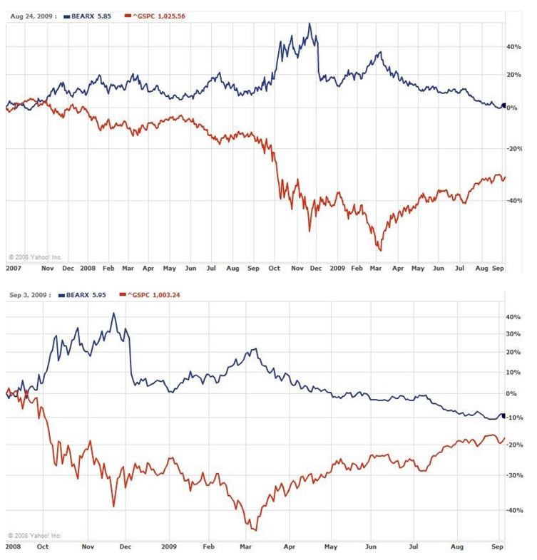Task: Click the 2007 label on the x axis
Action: [x=13, y=269]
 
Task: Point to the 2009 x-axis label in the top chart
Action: [x=337, y=269]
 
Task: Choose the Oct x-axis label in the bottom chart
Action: [x=43, y=548]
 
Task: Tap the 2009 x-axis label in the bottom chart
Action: [x=169, y=548]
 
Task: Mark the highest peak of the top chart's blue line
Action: [x=309, y=24]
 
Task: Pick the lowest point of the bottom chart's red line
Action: [x=255, y=530]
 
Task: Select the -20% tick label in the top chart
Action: [x=515, y=149]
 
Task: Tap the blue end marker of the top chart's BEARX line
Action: [x=503, y=106]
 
